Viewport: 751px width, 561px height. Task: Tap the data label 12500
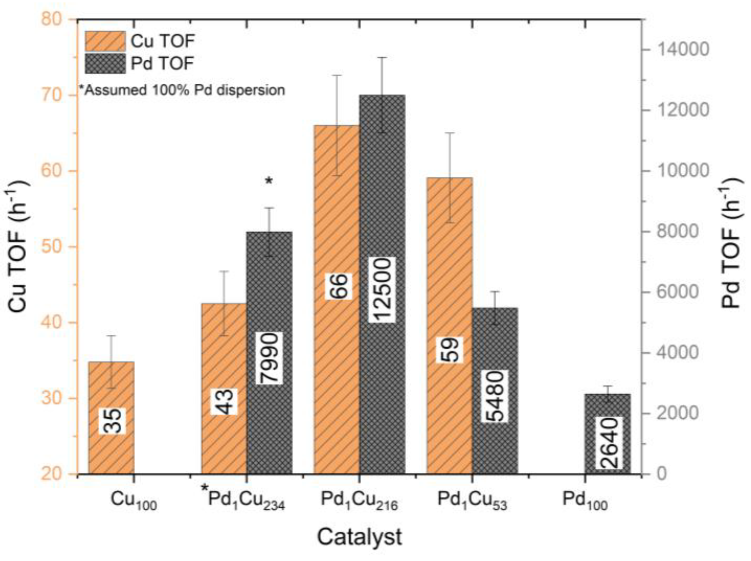click(x=382, y=290)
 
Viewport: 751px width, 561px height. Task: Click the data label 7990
click(x=269, y=358)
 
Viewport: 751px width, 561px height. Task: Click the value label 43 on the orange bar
click(x=224, y=402)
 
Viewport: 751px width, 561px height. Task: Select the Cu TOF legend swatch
click(x=105, y=41)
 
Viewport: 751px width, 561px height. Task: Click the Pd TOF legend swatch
click(x=105, y=63)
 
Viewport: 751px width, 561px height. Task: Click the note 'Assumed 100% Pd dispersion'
click(x=182, y=90)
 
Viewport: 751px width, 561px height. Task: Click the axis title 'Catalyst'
click(x=359, y=537)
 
